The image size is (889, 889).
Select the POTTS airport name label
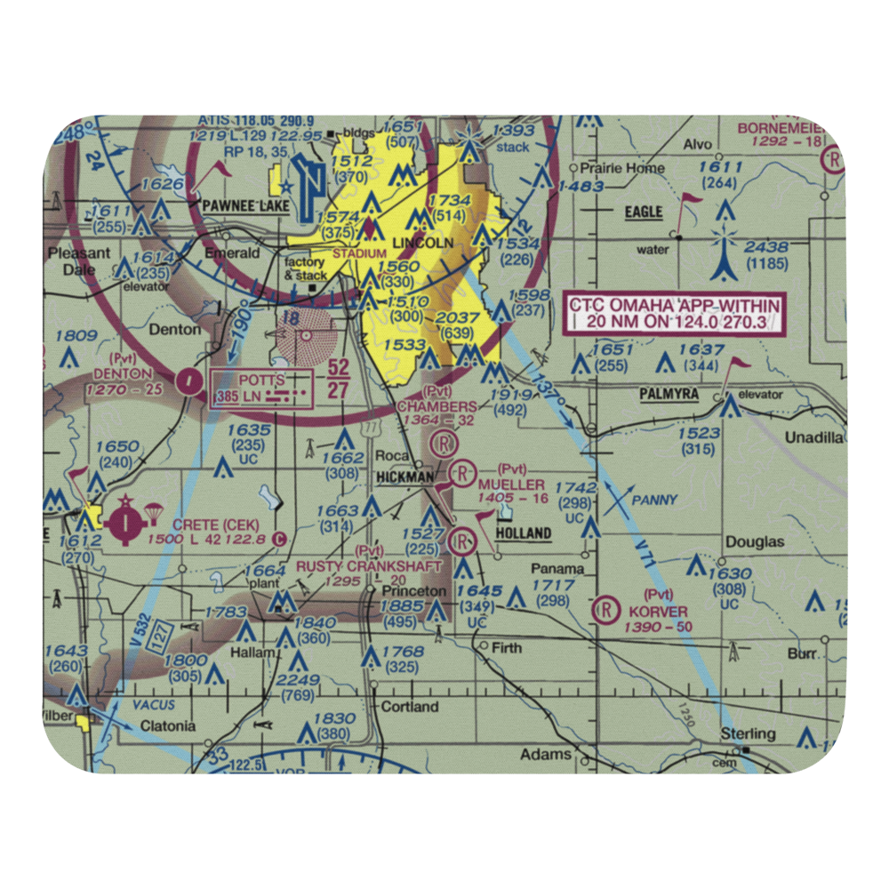(x=261, y=380)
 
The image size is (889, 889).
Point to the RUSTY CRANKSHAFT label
(x=369, y=566)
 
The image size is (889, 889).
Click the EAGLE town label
(x=644, y=212)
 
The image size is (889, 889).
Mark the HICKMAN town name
(x=404, y=477)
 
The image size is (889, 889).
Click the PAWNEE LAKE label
(x=241, y=206)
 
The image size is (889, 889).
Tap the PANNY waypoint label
(x=654, y=501)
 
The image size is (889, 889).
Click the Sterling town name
(x=748, y=734)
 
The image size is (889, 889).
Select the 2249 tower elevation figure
(x=298, y=680)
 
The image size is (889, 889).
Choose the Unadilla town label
(x=813, y=436)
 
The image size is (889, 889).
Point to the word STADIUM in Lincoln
(x=359, y=254)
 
